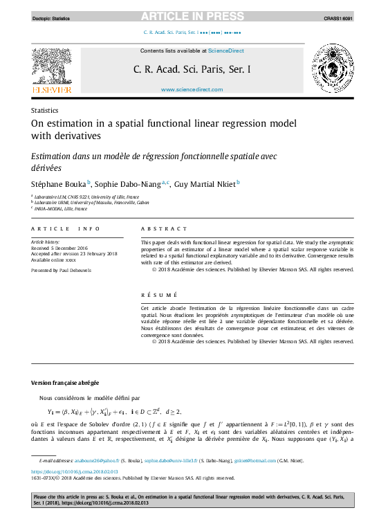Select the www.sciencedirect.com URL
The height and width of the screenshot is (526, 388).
click(192, 90)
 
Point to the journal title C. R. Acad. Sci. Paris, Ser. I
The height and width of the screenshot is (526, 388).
click(192, 69)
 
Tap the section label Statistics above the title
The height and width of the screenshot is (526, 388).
click(44, 110)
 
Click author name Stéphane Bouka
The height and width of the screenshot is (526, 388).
click(58, 184)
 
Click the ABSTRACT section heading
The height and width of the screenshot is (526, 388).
click(164, 228)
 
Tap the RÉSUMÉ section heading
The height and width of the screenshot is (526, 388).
click(158, 294)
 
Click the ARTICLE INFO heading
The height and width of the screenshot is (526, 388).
click(61, 228)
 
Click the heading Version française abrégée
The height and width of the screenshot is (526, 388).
click(65, 383)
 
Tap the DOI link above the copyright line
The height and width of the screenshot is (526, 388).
click(66, 471)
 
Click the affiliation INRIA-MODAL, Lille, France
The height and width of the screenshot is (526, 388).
click(62, 208)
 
